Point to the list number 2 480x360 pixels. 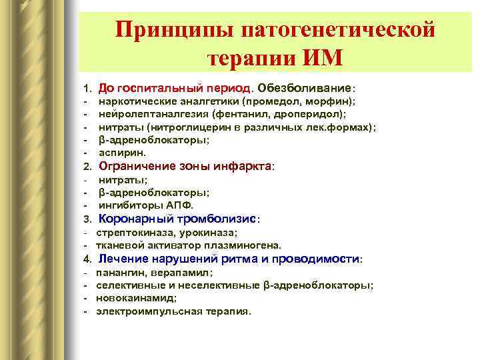click(86, 166)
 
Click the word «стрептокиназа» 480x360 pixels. click(133, 233)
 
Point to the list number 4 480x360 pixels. click(86, 259)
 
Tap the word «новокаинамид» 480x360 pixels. click(131, 298)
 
